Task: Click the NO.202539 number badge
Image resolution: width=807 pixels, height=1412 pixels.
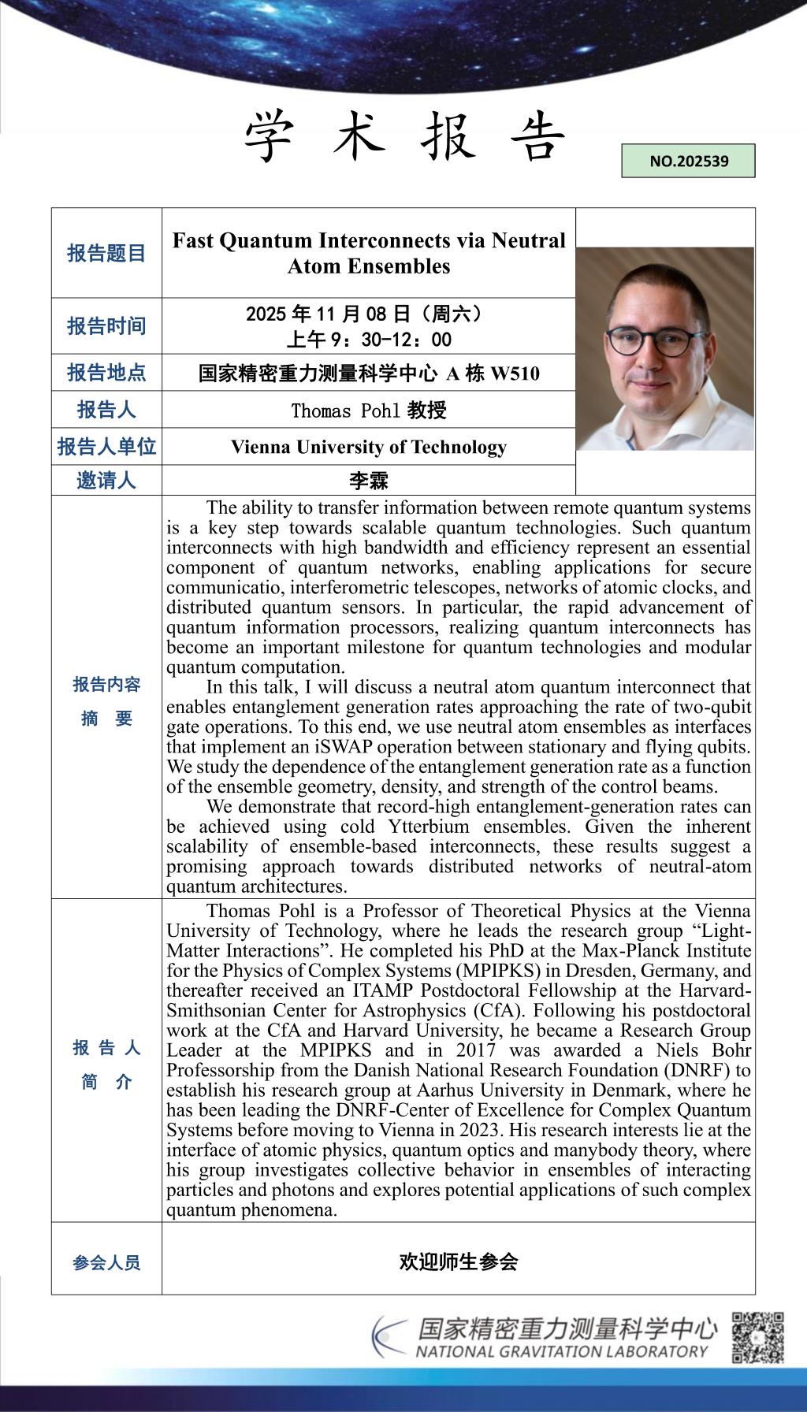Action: pyautogui.click(x=688, y=161)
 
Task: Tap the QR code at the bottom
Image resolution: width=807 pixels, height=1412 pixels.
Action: pyautogui.click(x=757, y=1337)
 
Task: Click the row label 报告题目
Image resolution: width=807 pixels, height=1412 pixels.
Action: pyautogui.click(x=106, y=253)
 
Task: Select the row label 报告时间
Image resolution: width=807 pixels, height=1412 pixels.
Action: pyautogui.click(x=106, y=325)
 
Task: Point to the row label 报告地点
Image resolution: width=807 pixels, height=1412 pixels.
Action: pyautogui.click(x=106, y=372)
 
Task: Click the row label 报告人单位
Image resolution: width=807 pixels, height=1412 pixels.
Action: pyautogui.click(x=106, y=447)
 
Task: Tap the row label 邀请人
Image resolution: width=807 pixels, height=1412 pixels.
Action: pyautogui.click(x=106, y=480)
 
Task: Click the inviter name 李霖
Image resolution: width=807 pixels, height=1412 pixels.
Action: pyautogui.click(x=369, y=481)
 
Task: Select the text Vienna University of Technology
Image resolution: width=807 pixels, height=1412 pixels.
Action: pyautogui.click(x=369, y=447)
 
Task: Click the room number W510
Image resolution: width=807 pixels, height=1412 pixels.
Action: pyautogui.click(x=515, y=373)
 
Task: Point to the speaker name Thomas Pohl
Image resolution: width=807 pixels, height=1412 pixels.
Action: pyautogui.click(x=347, y=411)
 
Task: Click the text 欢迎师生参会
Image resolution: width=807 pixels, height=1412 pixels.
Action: pyautogui.click(x=458, y=1262)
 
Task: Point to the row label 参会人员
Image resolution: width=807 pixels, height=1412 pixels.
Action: pyautogui.click(x=106, y=1263)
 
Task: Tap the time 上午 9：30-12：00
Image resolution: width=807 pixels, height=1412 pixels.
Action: pyautogui.click(x=369, y=340)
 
